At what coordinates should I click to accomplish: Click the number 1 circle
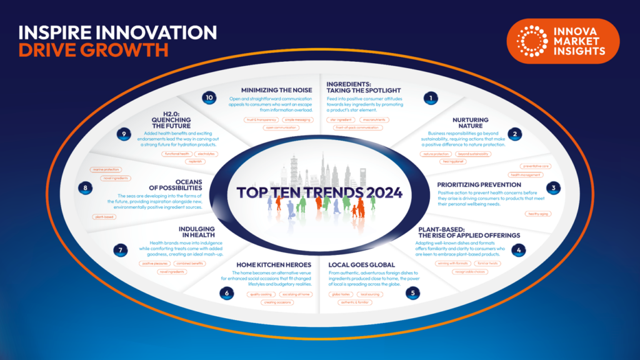click(429, 98)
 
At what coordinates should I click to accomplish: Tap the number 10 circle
click(210, 98)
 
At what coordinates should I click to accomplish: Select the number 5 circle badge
click(411, 292)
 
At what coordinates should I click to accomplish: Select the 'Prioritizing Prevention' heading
click(478, 184)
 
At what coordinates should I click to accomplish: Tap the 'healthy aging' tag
click(538, 214)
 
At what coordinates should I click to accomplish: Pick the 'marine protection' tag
click(106, 169)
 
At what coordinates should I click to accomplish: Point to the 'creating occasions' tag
click(278, 302)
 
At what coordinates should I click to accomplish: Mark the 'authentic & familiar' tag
click(354, 302)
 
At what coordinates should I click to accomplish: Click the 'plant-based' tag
click(103, 217)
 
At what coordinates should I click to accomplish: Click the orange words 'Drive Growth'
click(93, 50)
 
